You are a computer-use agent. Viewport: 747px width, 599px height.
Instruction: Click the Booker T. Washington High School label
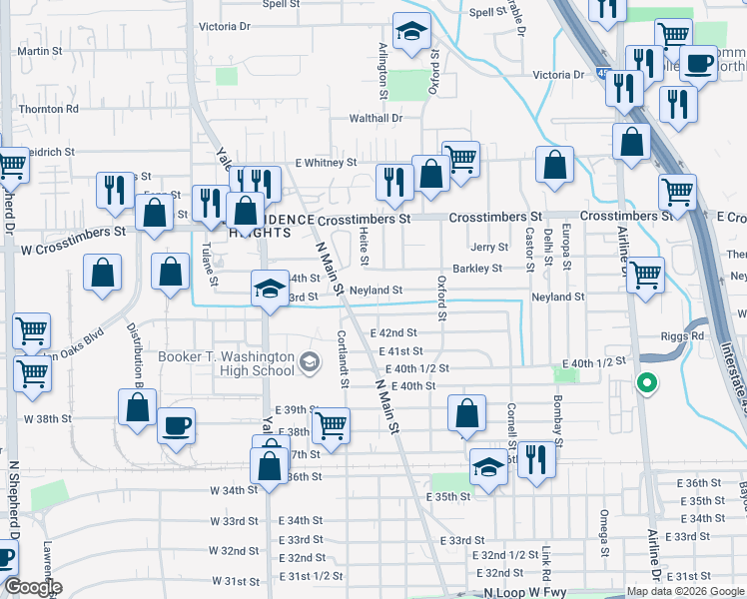click(227, 363)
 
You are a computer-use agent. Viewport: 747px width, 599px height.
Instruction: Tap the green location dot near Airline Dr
click(647, 381)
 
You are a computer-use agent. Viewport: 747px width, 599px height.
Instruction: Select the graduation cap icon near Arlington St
click(411, 34)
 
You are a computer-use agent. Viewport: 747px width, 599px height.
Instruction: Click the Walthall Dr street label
click(374, 118)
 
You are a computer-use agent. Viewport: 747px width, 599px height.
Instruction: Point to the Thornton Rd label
click(48, 109)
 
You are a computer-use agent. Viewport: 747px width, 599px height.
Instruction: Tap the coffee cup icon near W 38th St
click(177, 425)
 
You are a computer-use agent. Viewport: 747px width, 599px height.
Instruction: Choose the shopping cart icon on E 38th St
click(331, 425)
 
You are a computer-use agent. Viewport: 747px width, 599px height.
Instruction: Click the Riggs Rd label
click(682, 336)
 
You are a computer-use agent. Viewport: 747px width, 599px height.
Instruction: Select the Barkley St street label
click(477, 269)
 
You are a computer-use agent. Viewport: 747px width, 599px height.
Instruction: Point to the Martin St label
click(40, 51)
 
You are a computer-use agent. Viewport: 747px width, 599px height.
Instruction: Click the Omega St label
click(605, 533)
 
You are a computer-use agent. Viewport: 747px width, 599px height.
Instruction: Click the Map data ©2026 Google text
click(684, 592)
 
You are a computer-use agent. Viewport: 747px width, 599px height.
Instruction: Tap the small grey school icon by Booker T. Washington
click(309, 360)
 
